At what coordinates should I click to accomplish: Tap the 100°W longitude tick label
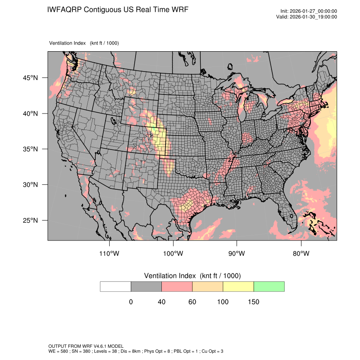[x=173, y=254]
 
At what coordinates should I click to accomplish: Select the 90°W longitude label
[x=237, y=254]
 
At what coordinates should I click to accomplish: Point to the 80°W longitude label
[x=300, y=254]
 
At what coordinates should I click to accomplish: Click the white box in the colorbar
[x=116, y=286]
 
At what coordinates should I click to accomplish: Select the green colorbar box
[x=269, y=286]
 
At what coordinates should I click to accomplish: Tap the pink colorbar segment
[x=177, y=286]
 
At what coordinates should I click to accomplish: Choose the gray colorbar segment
[x=146, y=286]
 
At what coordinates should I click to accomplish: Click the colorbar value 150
[x=253, y=302]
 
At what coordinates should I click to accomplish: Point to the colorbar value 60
[x=192, y=302]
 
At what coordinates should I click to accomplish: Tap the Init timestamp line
[x=309, y=11]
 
